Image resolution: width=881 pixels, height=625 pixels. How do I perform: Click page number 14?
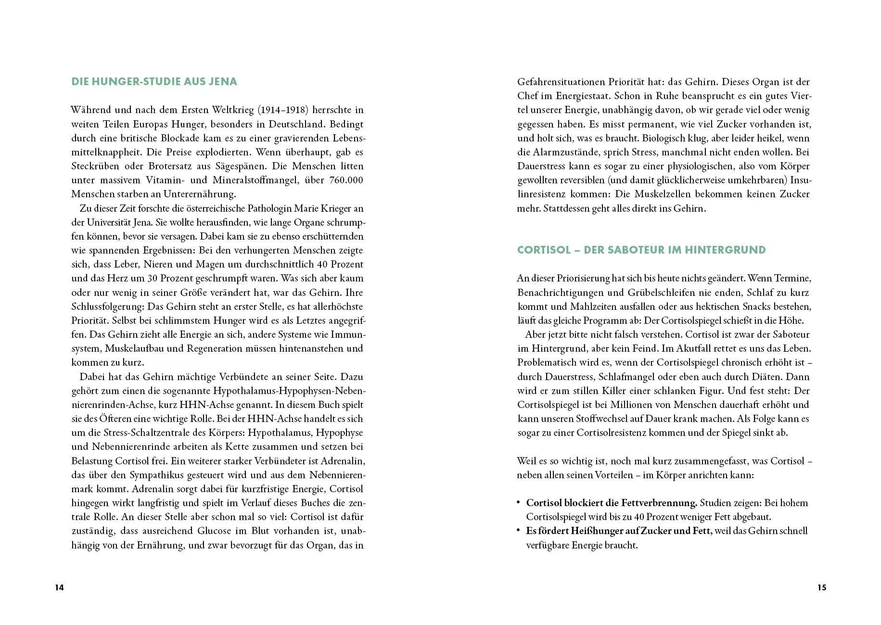(59, 587)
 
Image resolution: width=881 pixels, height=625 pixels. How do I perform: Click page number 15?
(821, 587)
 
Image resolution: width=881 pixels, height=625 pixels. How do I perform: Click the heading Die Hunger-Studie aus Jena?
(154, 81)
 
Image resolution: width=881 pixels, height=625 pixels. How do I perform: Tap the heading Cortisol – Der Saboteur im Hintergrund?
(641, 250)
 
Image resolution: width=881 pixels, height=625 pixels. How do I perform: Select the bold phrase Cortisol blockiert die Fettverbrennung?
(612, 503)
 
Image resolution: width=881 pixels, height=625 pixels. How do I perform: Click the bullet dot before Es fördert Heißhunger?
(519, 530)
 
